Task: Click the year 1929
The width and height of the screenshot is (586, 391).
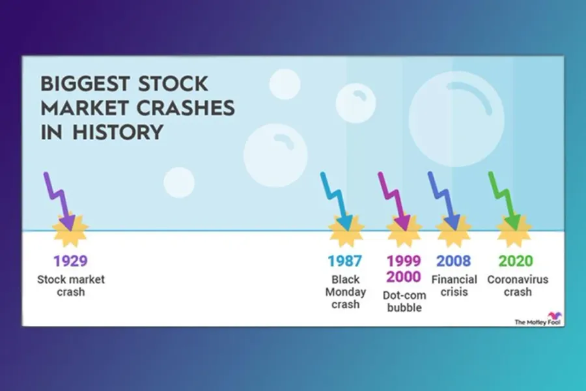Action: coord(70,261)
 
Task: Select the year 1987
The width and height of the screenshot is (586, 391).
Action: coord(345,261)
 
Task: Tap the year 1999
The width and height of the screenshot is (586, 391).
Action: coord(404,261)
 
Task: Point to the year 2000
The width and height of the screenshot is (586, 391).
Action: coord(404,277)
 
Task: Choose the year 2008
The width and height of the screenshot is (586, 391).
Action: coord(453,261)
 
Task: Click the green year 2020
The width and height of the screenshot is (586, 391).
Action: coord(516,261)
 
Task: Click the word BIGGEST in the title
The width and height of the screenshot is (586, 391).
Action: coord(85,84)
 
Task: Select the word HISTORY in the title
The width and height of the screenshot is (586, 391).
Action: coord(118,132)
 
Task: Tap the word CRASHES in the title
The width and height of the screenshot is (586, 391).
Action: coord(186,108)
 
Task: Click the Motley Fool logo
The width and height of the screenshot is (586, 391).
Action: coord(538,319)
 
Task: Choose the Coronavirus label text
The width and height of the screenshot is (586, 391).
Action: coord(518,280)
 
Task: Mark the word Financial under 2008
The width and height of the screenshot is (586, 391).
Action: coord(454,280)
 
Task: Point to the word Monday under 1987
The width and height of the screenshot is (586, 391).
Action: coord(345,292)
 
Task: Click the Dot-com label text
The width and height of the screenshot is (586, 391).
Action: coord(404,295)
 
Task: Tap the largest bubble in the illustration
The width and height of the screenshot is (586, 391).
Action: coord(456,119)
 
